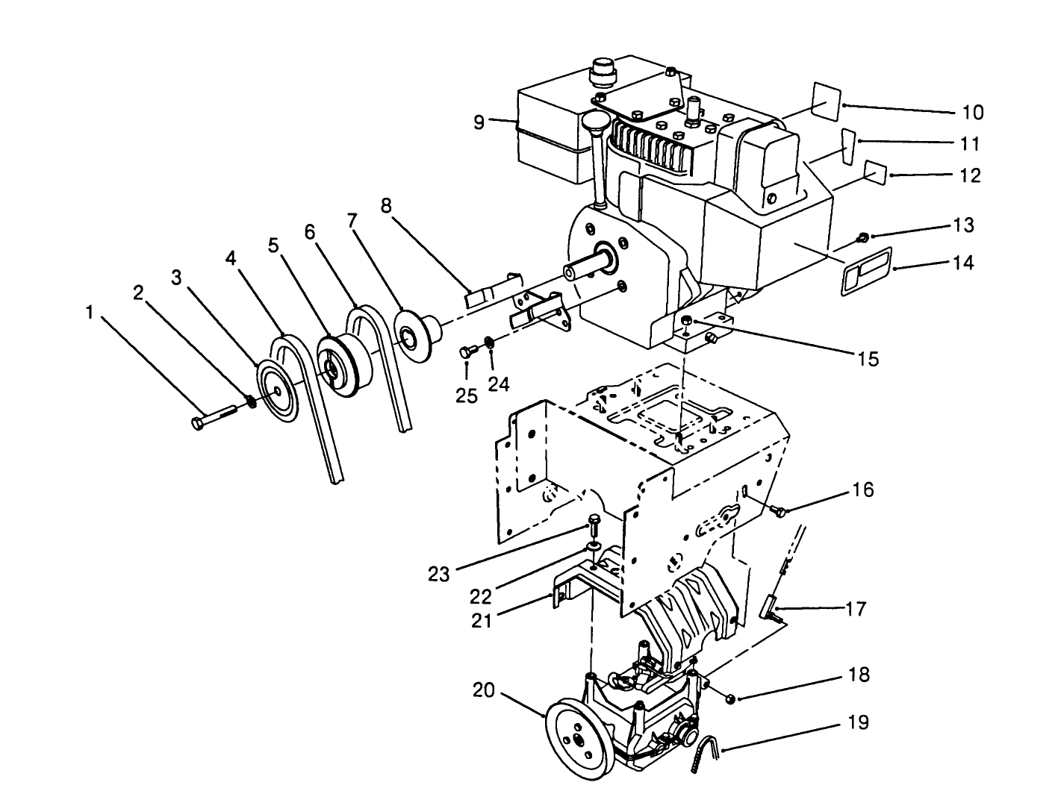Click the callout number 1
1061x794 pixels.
point(90,313)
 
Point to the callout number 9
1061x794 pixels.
point(479,122)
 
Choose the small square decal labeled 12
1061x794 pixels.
point(875,172)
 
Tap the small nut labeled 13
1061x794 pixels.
point(862,237)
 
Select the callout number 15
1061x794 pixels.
point(868,359)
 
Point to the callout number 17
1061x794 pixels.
point(856,609)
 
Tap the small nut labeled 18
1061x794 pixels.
point(730,698)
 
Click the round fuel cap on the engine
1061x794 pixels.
point(601,72)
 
